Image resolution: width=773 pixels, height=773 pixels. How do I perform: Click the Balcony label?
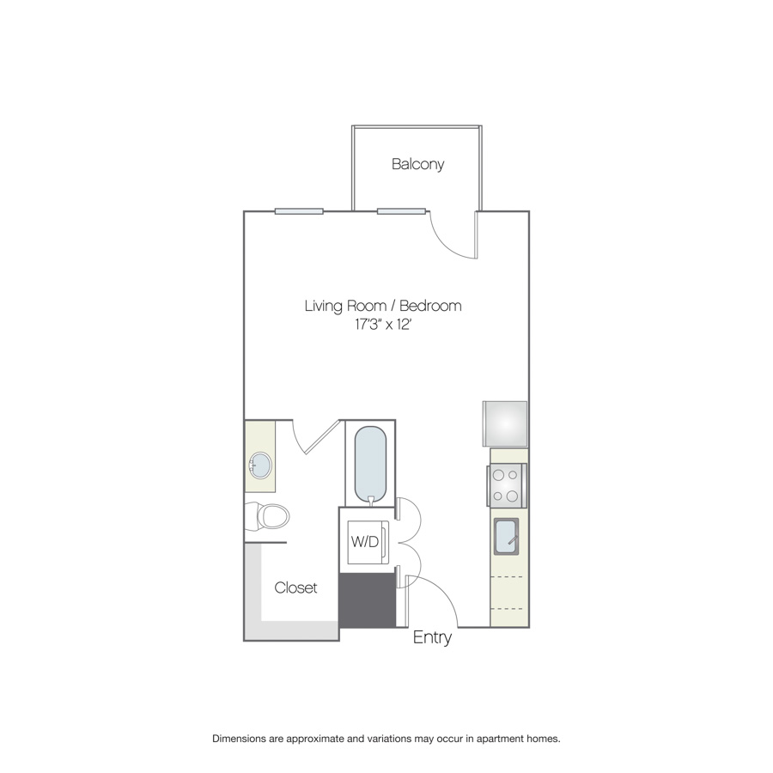[x=417, y=164]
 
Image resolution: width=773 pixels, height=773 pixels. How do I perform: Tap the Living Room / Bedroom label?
[x=383, y=306]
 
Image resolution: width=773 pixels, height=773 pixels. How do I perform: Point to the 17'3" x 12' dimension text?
[x=383, y=325]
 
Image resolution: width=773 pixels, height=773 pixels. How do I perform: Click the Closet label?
[x=295, y=587]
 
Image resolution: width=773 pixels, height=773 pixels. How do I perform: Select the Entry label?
[x=432, y=637]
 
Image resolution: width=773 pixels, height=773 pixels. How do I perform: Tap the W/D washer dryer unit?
[x=368, y=542]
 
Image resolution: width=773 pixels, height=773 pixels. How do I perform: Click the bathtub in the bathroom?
[x=370, y=466]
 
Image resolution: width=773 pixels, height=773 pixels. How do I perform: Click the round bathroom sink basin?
[x=260, y=465]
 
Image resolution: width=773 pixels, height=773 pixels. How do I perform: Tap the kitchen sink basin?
[x=506, y=536]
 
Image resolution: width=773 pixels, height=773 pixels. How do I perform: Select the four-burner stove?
[x=507, y=485]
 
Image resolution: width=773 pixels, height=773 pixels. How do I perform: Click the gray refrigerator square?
[x=505, y=424]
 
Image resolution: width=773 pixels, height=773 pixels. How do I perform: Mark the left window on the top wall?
[x=299, y=211]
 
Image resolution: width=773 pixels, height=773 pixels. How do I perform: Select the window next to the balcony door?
[x=401, y=211]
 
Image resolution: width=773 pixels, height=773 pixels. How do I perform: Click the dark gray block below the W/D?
[x=368, y=600]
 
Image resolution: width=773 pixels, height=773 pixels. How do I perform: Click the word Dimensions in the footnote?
[x=239, y=739]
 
